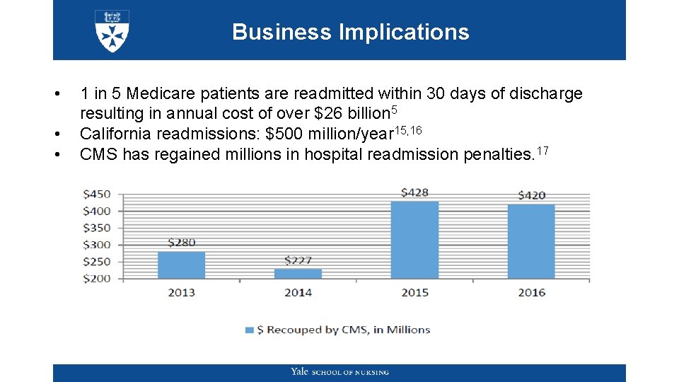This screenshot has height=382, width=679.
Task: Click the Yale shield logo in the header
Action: click(x=112, y=31)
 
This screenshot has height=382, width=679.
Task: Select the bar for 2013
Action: click(x=181, y=265)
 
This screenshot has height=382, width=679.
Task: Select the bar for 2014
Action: click(x=298, y=274)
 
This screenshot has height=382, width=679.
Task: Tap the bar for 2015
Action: click(x=414, y=241)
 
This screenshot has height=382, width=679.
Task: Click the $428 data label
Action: click(x=414, y=192)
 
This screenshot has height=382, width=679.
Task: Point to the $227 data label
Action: click(x=298, y=260)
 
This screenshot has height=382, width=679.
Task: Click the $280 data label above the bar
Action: click(x=182, y=243)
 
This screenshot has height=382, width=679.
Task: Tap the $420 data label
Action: click(x=531, y=195)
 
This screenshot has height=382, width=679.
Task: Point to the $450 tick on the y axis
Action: click(x=97, y=195)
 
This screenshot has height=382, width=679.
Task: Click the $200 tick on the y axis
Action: click(x=97, y=279)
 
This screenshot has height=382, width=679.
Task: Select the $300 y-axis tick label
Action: click(x=97, y=245)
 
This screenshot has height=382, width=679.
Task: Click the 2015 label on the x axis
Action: click(x=414, y=292)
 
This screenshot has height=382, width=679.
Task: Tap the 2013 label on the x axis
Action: click(x=181, y=292)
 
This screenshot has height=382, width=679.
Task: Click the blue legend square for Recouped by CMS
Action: click(x=249, y=330)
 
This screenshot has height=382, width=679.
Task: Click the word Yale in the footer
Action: click(x=299, y=372)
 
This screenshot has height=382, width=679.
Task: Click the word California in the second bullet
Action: click(x=116, y=134)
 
